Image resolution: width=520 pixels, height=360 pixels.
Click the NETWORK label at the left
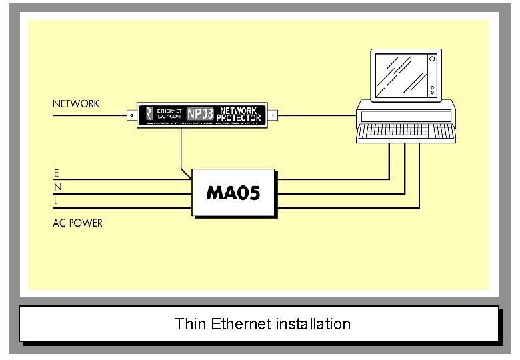pos(76,103)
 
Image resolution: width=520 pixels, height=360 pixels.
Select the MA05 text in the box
pos(233,193)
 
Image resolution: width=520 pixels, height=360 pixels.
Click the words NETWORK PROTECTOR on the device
pos(239,114)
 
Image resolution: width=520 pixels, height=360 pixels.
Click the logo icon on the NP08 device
pos(149,114)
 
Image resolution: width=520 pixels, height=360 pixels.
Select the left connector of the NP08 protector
pos(131,115)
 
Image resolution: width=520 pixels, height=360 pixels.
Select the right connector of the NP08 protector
pos(273,115)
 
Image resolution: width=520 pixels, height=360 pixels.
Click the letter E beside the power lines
pos(57,173)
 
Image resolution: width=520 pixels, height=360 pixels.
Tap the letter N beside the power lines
pos(57,188)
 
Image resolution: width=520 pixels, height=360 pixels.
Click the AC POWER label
pos(77,223)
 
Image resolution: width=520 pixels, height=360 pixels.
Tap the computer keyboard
pos(407,133)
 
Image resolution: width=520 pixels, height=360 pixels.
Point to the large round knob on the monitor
pos(432,59)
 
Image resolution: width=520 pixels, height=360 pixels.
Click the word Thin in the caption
pos(190,324)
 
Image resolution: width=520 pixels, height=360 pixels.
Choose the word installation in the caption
pos(316,324)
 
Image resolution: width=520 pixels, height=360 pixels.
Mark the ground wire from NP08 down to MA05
pos(181,150)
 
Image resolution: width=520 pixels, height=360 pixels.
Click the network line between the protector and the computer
pos(317,115)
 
